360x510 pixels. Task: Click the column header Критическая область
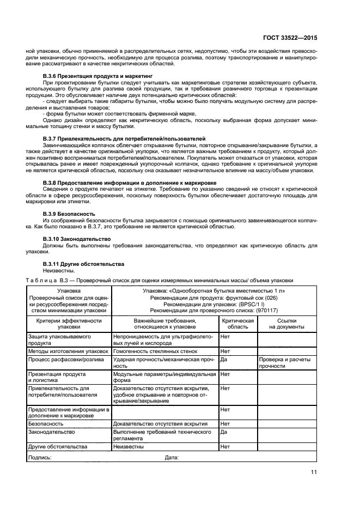point(237,324)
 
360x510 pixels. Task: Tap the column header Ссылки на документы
point(286,324)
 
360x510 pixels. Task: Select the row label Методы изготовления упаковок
point(68,351)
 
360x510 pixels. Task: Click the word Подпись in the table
point(39,457)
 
